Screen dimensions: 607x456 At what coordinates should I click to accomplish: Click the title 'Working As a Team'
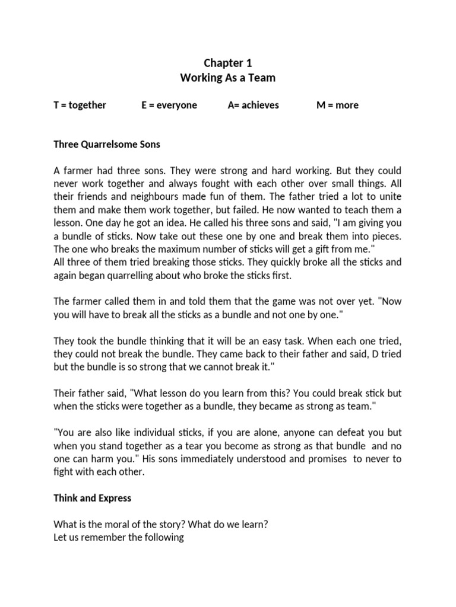[228, 78]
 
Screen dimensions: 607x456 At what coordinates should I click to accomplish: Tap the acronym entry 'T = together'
[80, 106]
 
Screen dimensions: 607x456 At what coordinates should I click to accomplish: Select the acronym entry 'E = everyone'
[169, 106]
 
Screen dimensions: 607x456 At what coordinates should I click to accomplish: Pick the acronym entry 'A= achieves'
[254, 106]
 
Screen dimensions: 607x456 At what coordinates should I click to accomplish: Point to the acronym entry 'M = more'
[338, 106]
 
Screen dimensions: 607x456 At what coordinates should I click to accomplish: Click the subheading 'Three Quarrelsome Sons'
[107, 144]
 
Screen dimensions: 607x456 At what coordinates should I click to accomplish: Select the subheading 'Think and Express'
[93, 498]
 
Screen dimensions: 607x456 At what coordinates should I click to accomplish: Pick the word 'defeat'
[343, 432]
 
